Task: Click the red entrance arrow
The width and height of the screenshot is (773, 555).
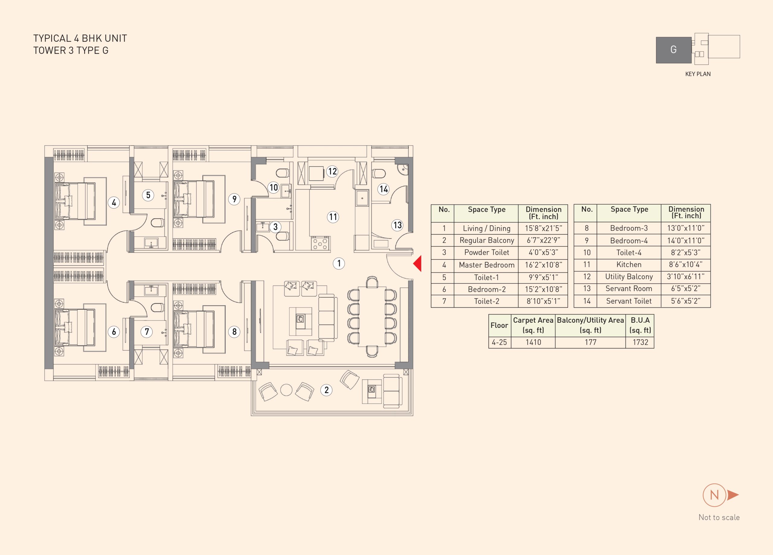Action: [418, 263]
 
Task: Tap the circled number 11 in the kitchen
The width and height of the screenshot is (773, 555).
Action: [333, 217]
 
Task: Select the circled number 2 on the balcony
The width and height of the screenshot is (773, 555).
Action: [326, 390]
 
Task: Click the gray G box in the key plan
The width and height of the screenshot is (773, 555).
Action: [673, 50]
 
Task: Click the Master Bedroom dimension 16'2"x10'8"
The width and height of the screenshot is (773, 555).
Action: [543, 265]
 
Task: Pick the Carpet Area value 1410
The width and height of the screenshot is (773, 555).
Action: [533, 342]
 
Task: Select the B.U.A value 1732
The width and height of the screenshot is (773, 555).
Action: [640, 342]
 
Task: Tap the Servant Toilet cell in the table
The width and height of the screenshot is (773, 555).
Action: [629, 301]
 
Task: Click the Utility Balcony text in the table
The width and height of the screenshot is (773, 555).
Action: [629, 277]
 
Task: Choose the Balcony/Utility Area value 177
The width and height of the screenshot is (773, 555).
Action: [590, 342]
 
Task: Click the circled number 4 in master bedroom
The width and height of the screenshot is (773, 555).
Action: [114, 203]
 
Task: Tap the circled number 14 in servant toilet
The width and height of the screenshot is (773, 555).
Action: [384, 189]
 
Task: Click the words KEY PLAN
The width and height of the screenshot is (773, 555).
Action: [698, 74]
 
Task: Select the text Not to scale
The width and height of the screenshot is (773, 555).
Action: [719, 518]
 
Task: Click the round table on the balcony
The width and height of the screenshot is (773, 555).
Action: [286, 390]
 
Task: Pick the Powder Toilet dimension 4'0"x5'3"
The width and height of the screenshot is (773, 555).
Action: [543, 253]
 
